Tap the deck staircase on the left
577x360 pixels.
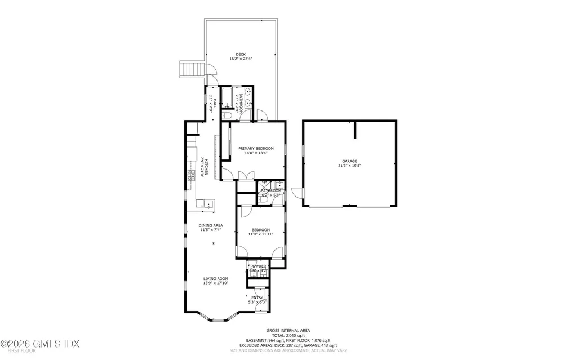click(188, 70)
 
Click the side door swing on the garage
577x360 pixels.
click(299, 194)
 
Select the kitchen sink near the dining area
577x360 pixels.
click(207, 204)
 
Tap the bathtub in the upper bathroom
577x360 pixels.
click(227, 98)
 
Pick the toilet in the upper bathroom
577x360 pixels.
click(228, 115)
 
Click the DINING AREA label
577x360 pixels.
click(211, 225)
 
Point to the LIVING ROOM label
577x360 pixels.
click(216, 278)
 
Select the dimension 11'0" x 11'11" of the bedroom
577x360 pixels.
click(261, 234)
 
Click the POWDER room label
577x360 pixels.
click(258, 266)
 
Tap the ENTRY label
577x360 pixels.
click(257, 297)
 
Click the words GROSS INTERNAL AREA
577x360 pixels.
click(288, 331)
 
